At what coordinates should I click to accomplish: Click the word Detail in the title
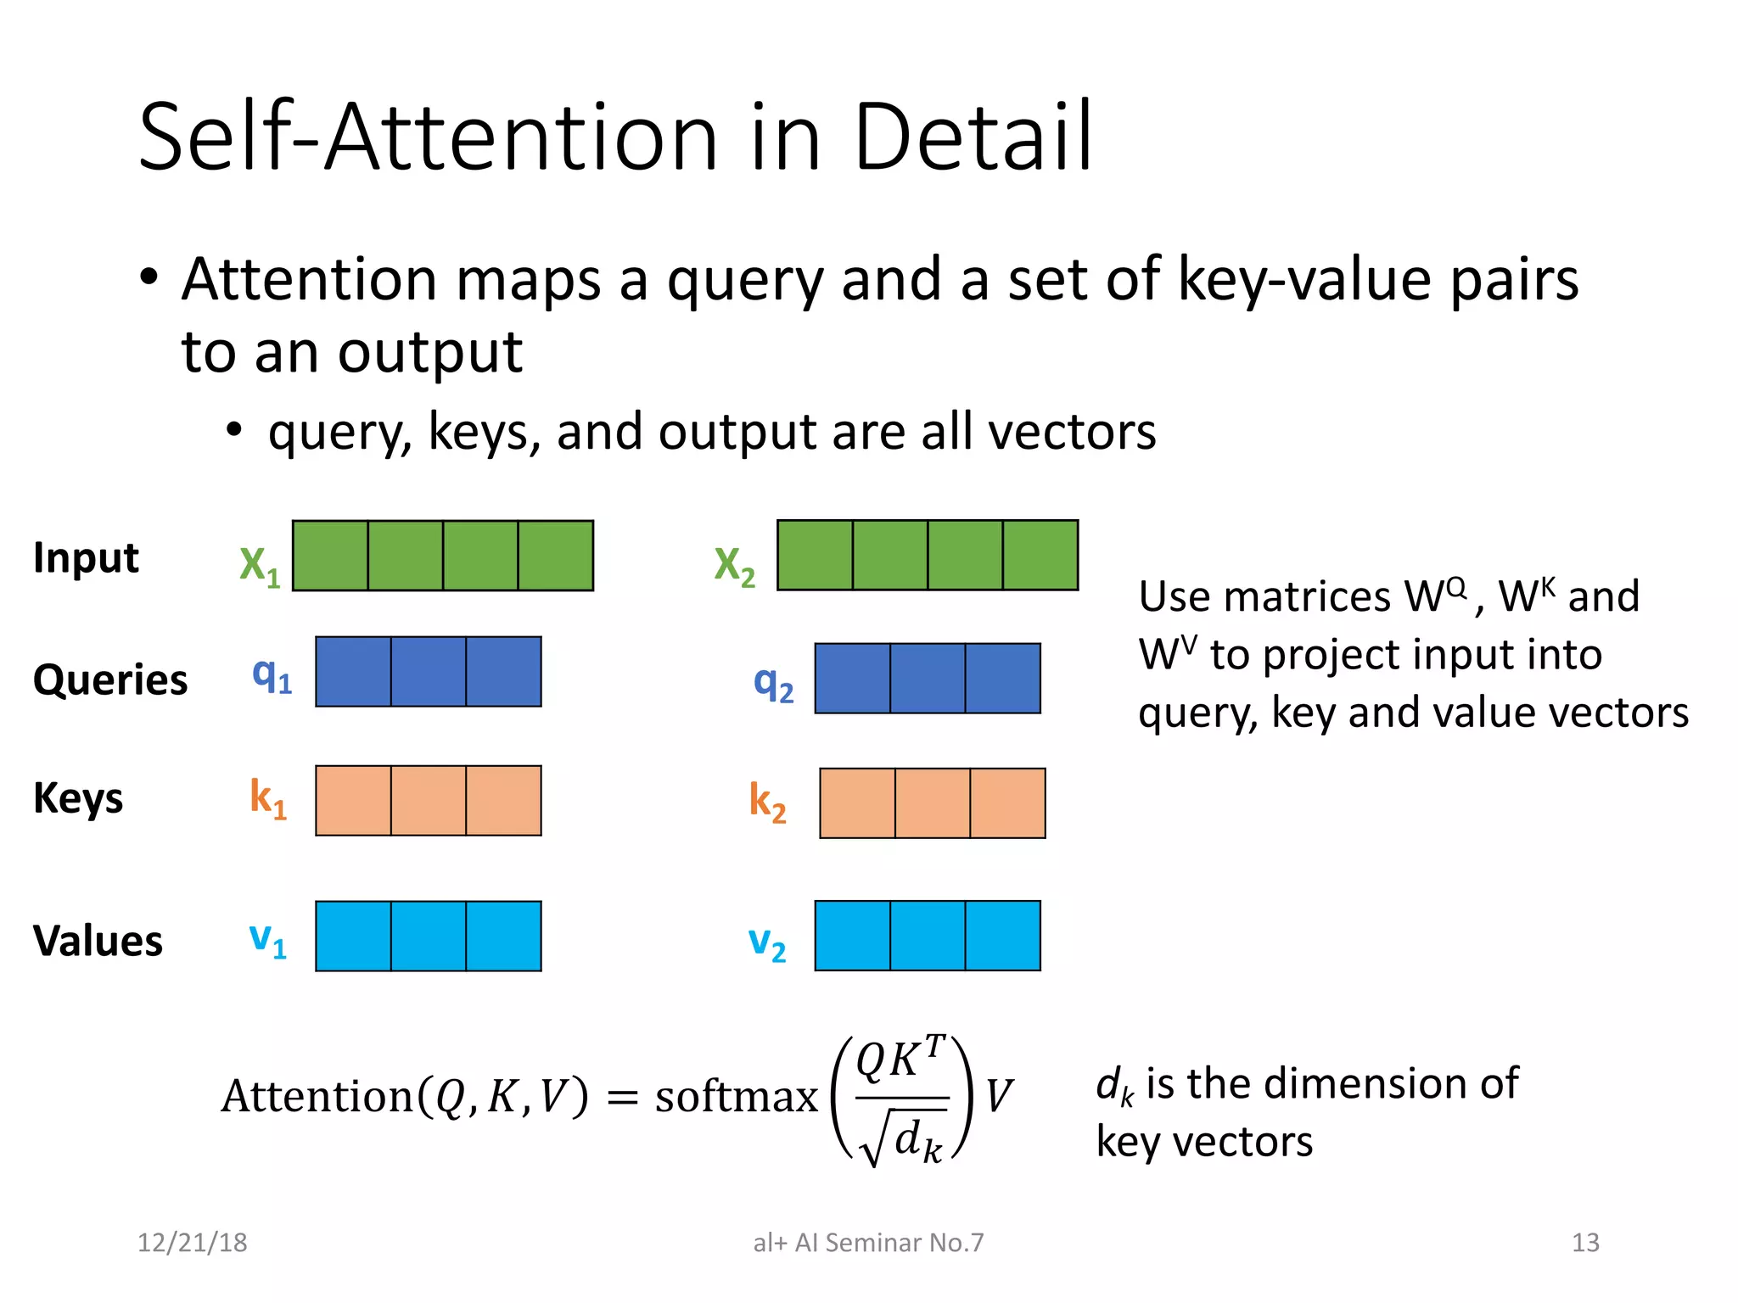[973, 137]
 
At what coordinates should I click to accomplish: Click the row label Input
[86, 558]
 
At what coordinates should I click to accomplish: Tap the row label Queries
[110, 680]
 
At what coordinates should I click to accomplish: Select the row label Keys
[78, 799]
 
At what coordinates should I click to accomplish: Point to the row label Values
[98, 941]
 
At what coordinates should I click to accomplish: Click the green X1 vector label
[259, 565]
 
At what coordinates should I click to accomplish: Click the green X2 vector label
[734, 565]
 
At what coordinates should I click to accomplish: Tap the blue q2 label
[773, 683]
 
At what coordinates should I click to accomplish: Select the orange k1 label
[267, 798]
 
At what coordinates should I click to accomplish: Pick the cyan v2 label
[766, 942]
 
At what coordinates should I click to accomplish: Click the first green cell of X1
[330, 556]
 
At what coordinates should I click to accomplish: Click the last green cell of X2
[1040, 555]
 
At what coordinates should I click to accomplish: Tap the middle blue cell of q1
[429, 671]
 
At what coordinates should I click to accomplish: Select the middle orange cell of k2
[933, 802]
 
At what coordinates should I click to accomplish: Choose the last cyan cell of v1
[503, 936]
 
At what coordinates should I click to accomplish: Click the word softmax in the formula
[736, 1096]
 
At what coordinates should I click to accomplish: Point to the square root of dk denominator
[904, 1139]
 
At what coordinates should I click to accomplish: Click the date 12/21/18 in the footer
[193, 1243]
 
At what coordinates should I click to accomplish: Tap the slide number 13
[1585, 1243]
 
